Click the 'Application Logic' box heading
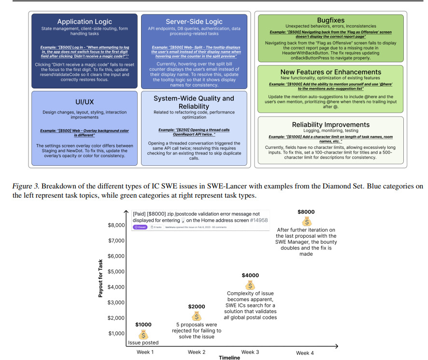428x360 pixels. click(85, 22)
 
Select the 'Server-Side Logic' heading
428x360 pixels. click(194, 22)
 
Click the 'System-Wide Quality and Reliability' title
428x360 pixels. click(194, 103)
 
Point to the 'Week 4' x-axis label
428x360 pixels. click(304, 353)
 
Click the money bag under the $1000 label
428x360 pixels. click(143, 334)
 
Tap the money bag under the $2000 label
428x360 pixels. click(197, 316)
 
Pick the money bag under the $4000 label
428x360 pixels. click(250, 285)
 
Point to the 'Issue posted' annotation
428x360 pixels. click(143, 343)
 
